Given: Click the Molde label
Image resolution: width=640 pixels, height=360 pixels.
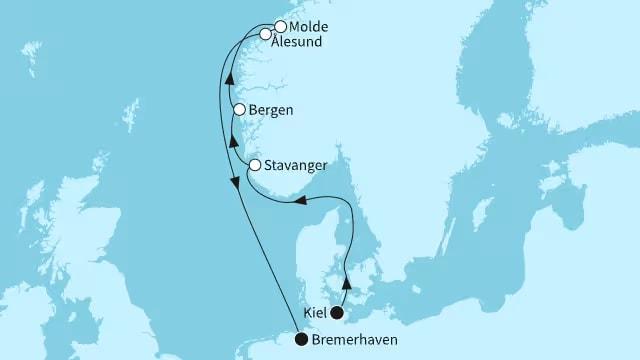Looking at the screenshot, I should pyautogui.click(x=309, y=27).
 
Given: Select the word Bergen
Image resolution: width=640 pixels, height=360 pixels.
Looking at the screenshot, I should pyautogui.click(x=272, y=111).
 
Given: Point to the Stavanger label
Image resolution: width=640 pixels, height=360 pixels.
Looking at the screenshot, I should pyautogui.click(x=299, y=165).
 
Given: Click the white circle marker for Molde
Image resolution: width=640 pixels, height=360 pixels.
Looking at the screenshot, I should pyautogui.click(x=281, y=27).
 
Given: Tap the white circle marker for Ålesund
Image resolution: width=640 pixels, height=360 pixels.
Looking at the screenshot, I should pyautogui.click(x=266, y=35).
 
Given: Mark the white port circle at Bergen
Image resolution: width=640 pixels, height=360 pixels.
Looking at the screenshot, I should pyautogui.click(x=240, y=111).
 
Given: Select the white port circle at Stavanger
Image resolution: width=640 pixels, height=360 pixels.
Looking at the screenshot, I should pyautogui.click(x=256, y=165).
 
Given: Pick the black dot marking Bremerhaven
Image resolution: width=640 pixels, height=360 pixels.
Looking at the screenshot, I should pyautogui.click(x=301, y=340).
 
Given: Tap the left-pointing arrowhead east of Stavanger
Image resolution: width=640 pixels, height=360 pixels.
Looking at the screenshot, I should pyautogui.click(x=298, y=203).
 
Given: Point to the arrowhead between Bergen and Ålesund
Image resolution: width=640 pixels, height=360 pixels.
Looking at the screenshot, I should pyautogui.click(x=230, y=81).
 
